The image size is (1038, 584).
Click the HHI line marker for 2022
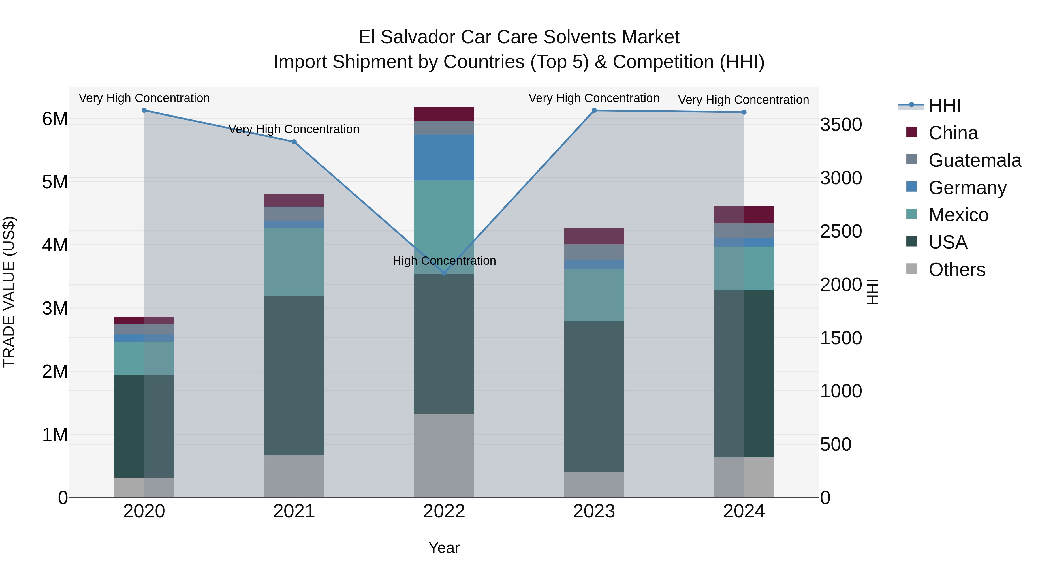tap(444, 273)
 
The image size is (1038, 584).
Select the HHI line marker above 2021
tap(294, 142)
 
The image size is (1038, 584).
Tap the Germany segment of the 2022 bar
tap(444, 157)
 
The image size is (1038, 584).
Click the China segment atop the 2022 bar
tap(444, 114)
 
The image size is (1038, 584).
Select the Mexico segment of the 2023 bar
tap(594, 295)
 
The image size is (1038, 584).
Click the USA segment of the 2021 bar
tap(294, 375)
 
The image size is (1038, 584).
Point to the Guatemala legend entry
tap(975, 160)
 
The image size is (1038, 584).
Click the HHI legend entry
tap(945, 106)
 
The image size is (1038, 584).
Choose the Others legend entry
tap(957, 270)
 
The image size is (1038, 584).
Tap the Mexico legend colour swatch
tap(911, 214)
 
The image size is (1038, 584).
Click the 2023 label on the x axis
tap(594, 511)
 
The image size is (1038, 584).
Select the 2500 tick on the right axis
tap(841, 231)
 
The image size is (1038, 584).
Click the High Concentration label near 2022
tap(444, 261)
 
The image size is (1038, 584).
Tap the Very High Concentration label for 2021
tap(294, 129)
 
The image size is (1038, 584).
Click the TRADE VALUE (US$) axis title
tap(9, 292)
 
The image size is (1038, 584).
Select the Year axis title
tap(444, 548)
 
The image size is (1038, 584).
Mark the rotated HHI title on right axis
tap(872, 292)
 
